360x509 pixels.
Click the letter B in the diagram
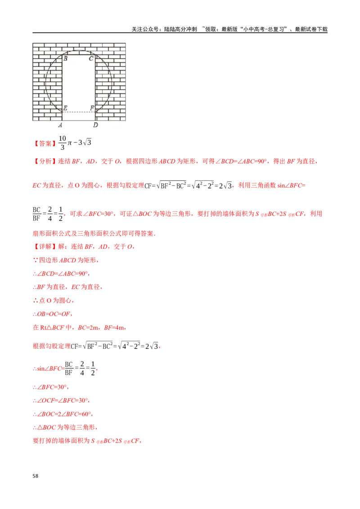[66, 58]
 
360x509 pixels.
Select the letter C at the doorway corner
[91, 58]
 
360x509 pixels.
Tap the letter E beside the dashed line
[66, 108]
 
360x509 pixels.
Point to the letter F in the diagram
[92, 108]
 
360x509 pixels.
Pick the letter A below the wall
[60, 125]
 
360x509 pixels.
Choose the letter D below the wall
[95, 125]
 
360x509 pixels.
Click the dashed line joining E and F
[79, 112]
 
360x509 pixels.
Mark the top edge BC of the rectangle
[79, 54]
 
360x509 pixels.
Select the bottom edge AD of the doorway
[79, 121]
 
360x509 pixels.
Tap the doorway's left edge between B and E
[62, 83]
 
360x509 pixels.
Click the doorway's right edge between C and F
[95, 83]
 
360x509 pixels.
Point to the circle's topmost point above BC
[79, 50]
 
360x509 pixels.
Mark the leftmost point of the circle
[45, 83]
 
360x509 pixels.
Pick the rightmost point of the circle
[112, 83]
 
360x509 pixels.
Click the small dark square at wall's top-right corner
[127, 42]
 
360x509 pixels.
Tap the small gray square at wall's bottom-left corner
[31, 121]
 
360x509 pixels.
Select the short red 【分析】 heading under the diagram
[45, 144]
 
